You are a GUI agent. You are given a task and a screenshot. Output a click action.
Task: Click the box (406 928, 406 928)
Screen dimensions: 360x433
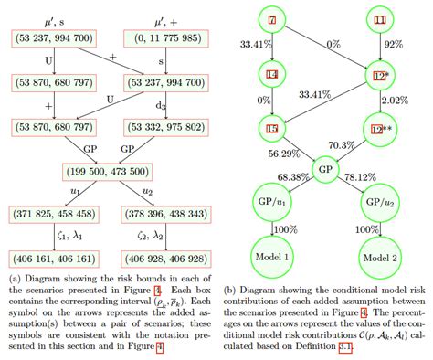[176, 258]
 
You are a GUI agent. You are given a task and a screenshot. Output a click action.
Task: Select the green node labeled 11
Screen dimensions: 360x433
[380, 20]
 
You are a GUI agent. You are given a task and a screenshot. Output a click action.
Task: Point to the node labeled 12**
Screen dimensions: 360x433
[380, 130]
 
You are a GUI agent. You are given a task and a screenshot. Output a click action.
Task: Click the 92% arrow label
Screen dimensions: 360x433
[394, 42]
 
